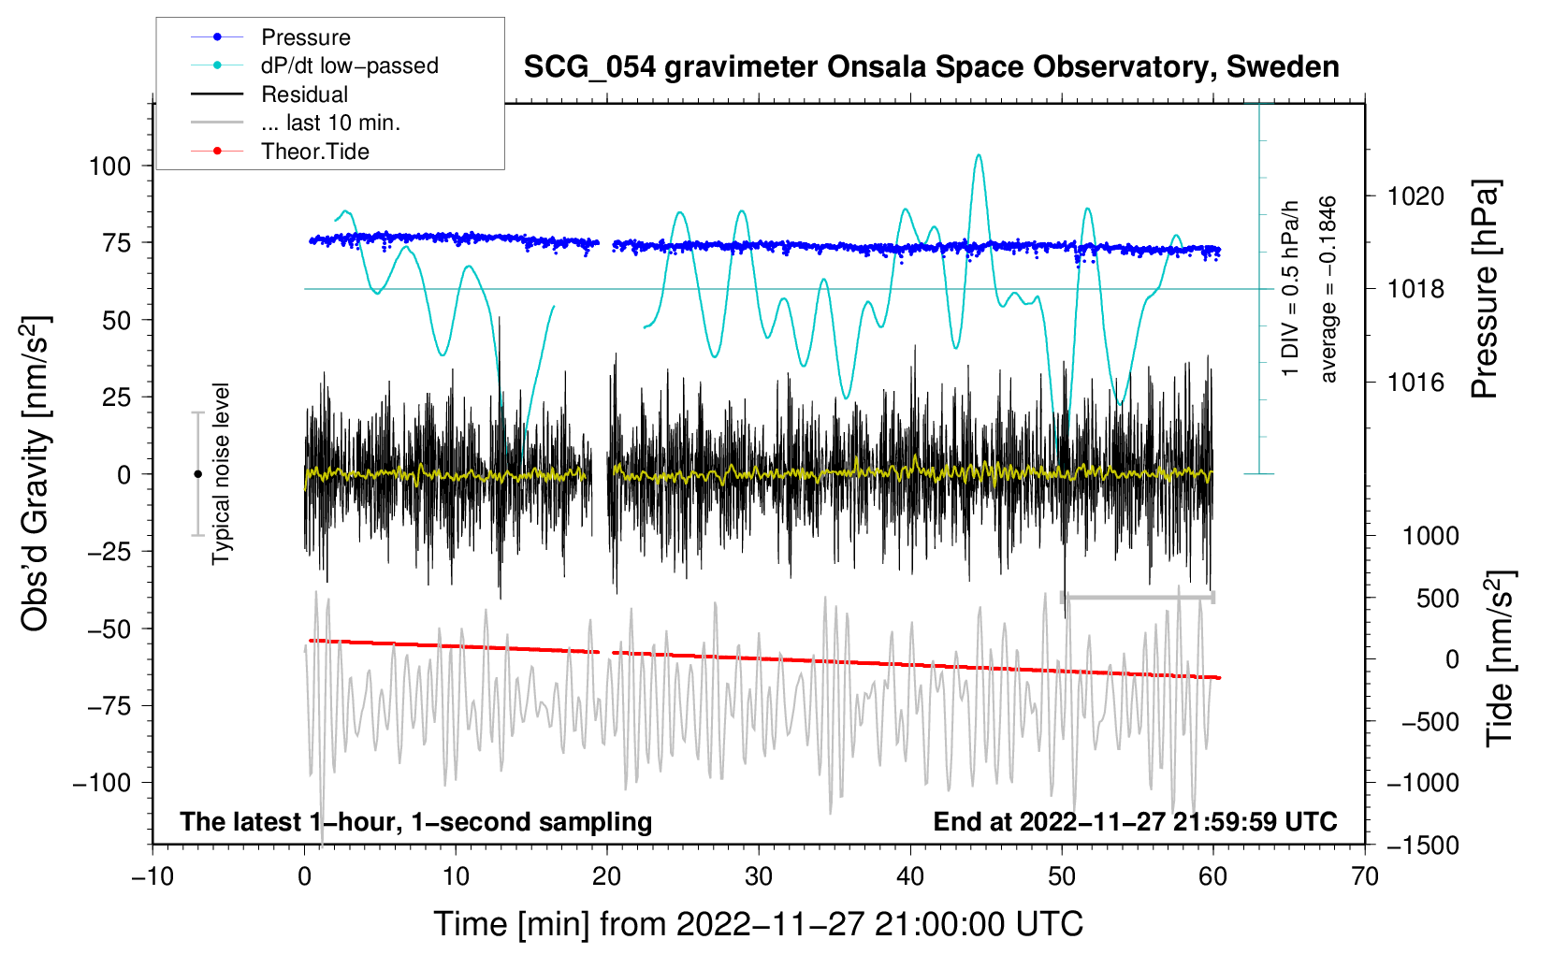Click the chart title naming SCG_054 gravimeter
[x=931, y=67]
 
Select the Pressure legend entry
[x=305, y=37]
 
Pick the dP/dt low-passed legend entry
[x=349, y=65]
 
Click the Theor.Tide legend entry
[x=314, y=152]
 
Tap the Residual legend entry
[x=304, y=94]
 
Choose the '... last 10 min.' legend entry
[x=330, y=123]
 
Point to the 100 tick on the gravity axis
[x=109, y=166]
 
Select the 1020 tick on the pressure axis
[x=1415, y=196]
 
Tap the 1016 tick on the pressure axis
[x=1415, y=383]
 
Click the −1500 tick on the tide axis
[x=1423, y=846]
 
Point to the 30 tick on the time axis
[x=759, y=877]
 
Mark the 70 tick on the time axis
[x=1365, y=877]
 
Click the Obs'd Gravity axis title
[x=36, y=474]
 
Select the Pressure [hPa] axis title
[x=1485, y=289]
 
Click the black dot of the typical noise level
[x=197, y=474]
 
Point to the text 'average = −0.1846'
[x=1328, y=289]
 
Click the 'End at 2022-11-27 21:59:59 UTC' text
[x=1135, y=822]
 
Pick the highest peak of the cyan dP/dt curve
[x=979, y=155]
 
